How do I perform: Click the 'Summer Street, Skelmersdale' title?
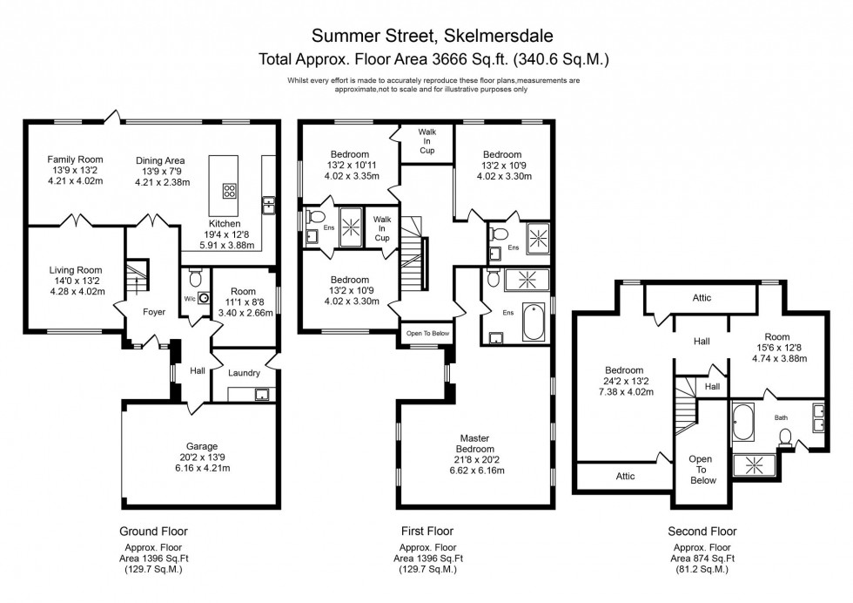432,36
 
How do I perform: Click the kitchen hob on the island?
231,190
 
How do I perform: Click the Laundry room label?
244,373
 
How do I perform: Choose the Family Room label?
75,159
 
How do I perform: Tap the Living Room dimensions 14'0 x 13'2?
75,281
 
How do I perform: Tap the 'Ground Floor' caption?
152,531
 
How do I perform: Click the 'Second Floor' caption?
702,531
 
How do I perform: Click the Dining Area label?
160,160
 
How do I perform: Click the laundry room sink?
260,393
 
